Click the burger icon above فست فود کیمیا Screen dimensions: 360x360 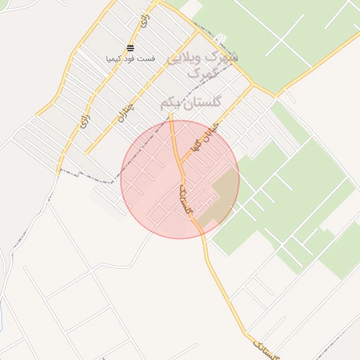(130, 48)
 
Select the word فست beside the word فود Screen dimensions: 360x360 (148, 58)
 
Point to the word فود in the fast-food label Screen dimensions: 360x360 (134, 58)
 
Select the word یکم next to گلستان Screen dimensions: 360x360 (168, 103)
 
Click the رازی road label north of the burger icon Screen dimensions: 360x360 (146, 21)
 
